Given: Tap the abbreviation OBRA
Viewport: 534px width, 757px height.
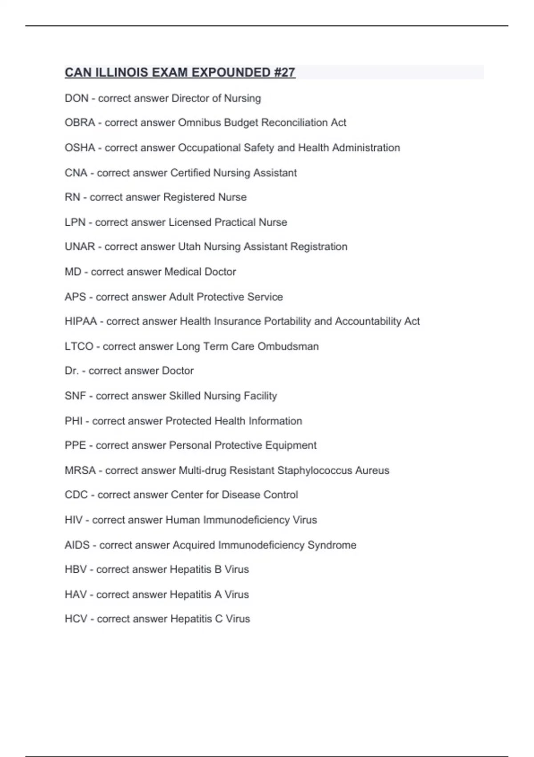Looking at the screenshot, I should [80, 122].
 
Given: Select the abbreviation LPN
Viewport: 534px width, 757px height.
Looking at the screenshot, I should [75, 222].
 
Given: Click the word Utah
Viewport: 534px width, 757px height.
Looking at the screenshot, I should [189, 247].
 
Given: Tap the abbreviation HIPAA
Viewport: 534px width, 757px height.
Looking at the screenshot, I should [81, 321].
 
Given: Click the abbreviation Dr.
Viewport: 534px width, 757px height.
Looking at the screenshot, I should [72, 370].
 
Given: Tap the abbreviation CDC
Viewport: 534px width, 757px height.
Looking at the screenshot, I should [76, 495].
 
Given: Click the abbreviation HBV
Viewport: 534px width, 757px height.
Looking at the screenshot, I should [76, 570].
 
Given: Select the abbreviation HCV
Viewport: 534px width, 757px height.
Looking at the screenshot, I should [76, 619].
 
